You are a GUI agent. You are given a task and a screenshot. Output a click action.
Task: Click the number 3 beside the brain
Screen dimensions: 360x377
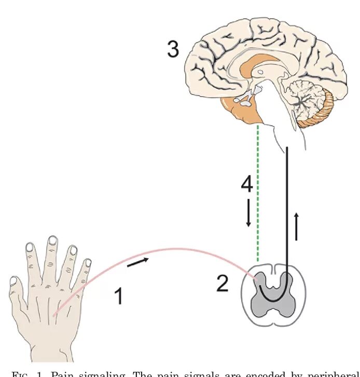173,49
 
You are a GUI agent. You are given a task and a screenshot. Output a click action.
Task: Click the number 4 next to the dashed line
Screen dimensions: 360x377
247,184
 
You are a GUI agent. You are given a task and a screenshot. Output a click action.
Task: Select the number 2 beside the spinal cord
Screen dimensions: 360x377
222,284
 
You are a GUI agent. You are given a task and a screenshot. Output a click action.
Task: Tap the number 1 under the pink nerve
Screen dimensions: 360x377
119,297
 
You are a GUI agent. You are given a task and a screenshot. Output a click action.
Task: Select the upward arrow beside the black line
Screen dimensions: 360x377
296,226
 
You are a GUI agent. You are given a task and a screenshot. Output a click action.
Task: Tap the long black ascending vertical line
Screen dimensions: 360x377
286,208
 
